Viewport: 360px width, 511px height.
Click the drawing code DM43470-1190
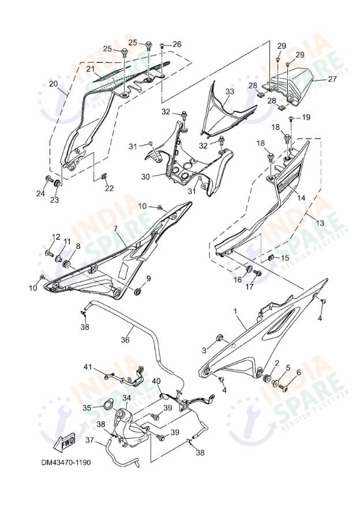(x=65, y=462)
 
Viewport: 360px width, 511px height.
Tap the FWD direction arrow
(x=66, y=440)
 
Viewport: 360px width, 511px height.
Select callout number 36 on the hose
(x=125, y=340)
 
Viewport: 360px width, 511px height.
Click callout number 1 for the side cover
(x=235, y=311)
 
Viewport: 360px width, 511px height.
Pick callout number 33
(x=230, y=91)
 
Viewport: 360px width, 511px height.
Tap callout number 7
(x=115, y=230)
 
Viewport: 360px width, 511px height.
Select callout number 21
(x=91, y=69)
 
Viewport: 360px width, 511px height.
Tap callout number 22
(x=109, y=188)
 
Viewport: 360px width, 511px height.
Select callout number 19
(x=306, y=117)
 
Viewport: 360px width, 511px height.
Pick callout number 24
(x=40, y=194)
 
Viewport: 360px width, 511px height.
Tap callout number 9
(x=148, y=279)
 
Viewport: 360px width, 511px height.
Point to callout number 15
(x=284, y=258)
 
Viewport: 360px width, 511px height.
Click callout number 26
(x=177, y=44)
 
